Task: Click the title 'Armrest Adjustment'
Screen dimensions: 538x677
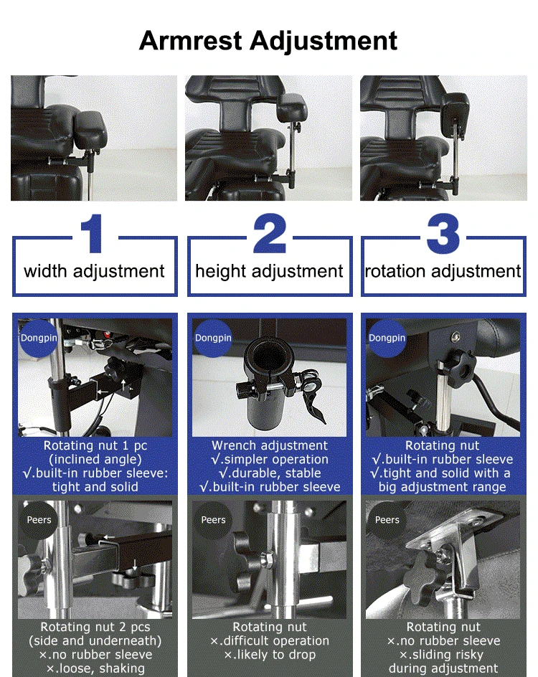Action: point(268,41)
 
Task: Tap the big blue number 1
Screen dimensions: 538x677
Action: point(93,233)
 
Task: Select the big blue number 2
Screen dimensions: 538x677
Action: point(270,233)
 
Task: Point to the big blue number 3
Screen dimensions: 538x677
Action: point(443,233)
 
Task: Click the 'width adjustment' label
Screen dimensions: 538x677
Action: point(94,272)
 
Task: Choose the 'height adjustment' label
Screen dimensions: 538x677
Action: point(269,272)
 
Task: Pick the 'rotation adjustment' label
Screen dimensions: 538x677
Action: point(443,272)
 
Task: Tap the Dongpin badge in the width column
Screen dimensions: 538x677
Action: point(38,338)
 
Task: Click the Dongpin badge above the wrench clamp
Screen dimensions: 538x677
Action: point(213,338)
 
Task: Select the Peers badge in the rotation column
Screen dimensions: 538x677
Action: point(387,520)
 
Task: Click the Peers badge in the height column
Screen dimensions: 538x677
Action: point(213,520)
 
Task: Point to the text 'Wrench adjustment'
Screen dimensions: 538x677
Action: point(270,445)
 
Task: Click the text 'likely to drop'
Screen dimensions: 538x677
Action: point(275,655)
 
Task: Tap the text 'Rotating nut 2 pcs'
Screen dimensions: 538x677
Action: point(95,627)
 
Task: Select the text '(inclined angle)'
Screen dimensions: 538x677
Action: point(95,460)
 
